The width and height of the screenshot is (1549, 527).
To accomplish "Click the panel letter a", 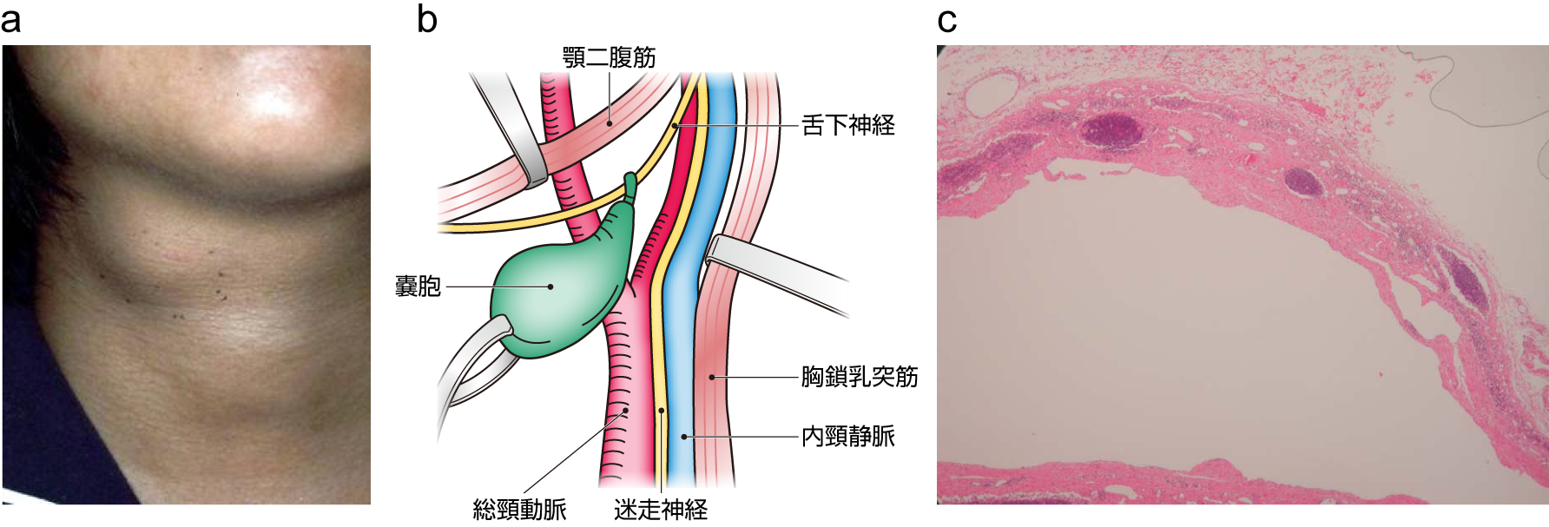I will point(11,20).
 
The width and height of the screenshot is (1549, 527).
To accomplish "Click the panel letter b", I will point(426,19).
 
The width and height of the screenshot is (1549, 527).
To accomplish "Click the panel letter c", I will point(946,20).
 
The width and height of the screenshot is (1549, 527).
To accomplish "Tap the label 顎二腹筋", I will point(609,57).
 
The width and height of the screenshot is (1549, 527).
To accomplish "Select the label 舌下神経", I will point(847,126).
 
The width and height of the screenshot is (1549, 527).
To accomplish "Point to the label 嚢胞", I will point(418,287).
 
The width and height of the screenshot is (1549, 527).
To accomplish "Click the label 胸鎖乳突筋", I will point(859,377).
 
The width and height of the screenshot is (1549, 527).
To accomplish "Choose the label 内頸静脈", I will point(847,436).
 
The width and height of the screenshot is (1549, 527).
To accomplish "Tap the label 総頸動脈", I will point(519,509).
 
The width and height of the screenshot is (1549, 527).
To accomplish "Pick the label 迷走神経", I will point(660,509).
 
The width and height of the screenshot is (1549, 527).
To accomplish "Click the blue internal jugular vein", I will point(682,347).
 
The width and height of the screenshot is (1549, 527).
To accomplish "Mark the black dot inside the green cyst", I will point(550,287).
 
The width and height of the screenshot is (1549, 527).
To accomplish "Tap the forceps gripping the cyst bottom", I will point(473,365).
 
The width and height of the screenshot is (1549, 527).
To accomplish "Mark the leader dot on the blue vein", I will point(683,436).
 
